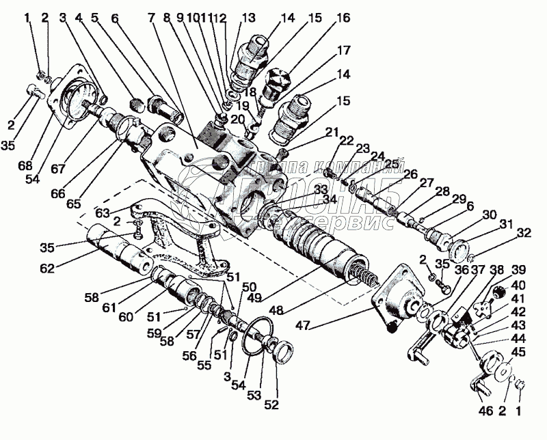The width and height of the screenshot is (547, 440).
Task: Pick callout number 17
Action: [343, 50]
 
